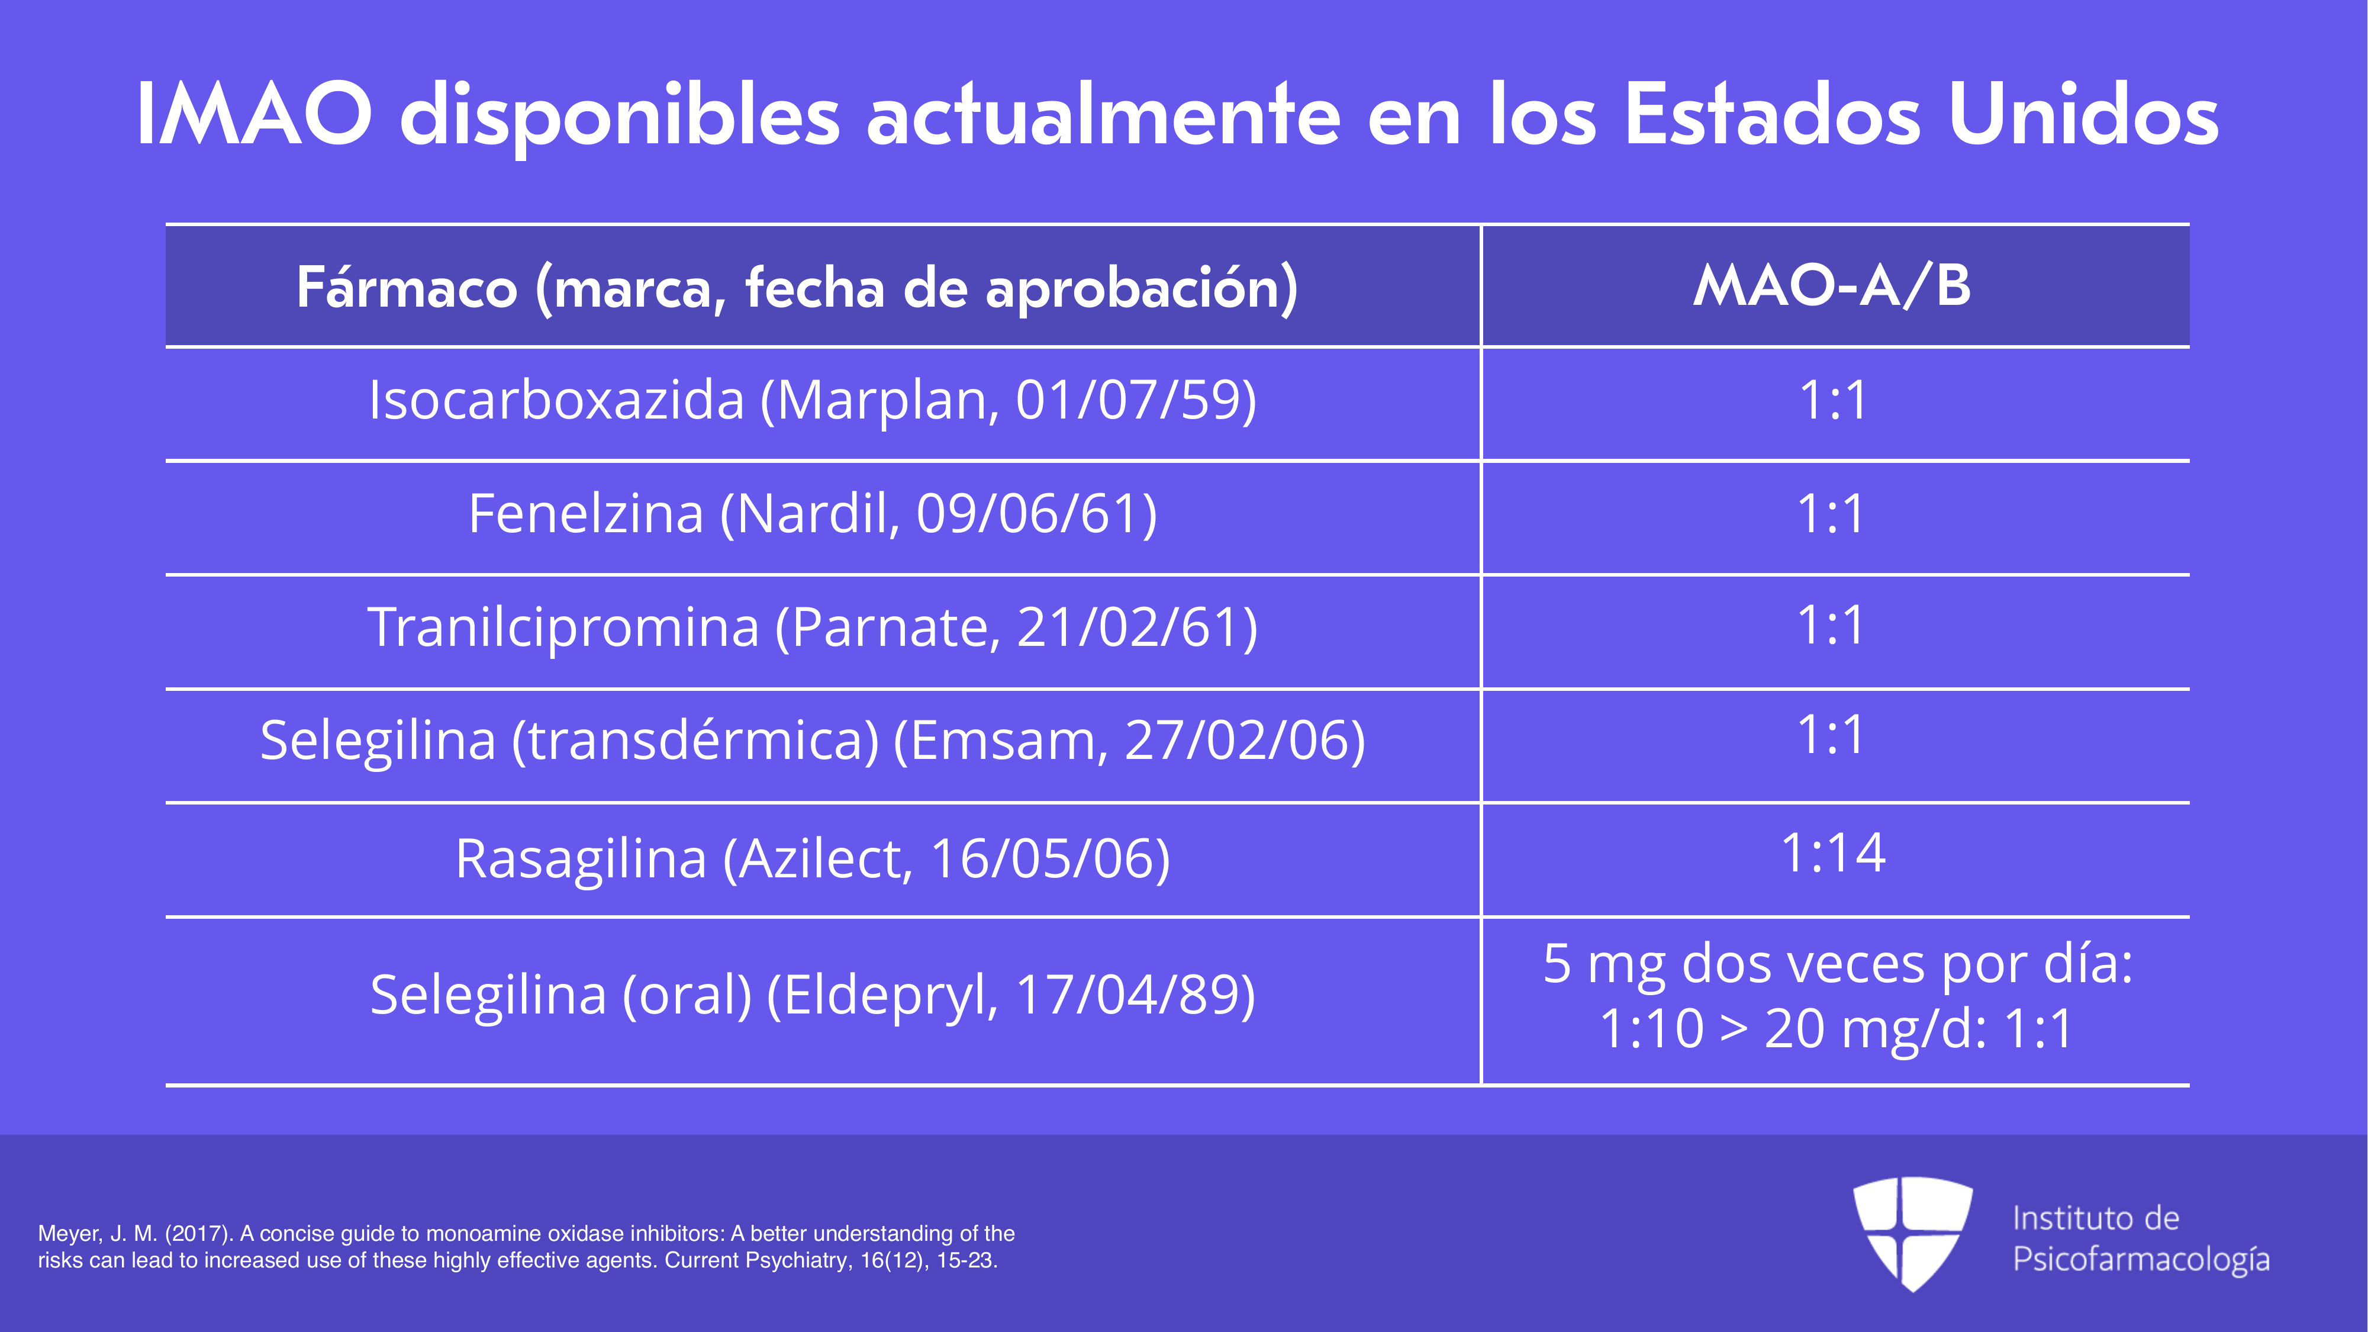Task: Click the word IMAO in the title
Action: [254, 114]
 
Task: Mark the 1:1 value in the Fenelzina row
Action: [1832, 514]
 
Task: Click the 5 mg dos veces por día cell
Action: [1837, 996]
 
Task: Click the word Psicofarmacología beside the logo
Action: [2141, 1259]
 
